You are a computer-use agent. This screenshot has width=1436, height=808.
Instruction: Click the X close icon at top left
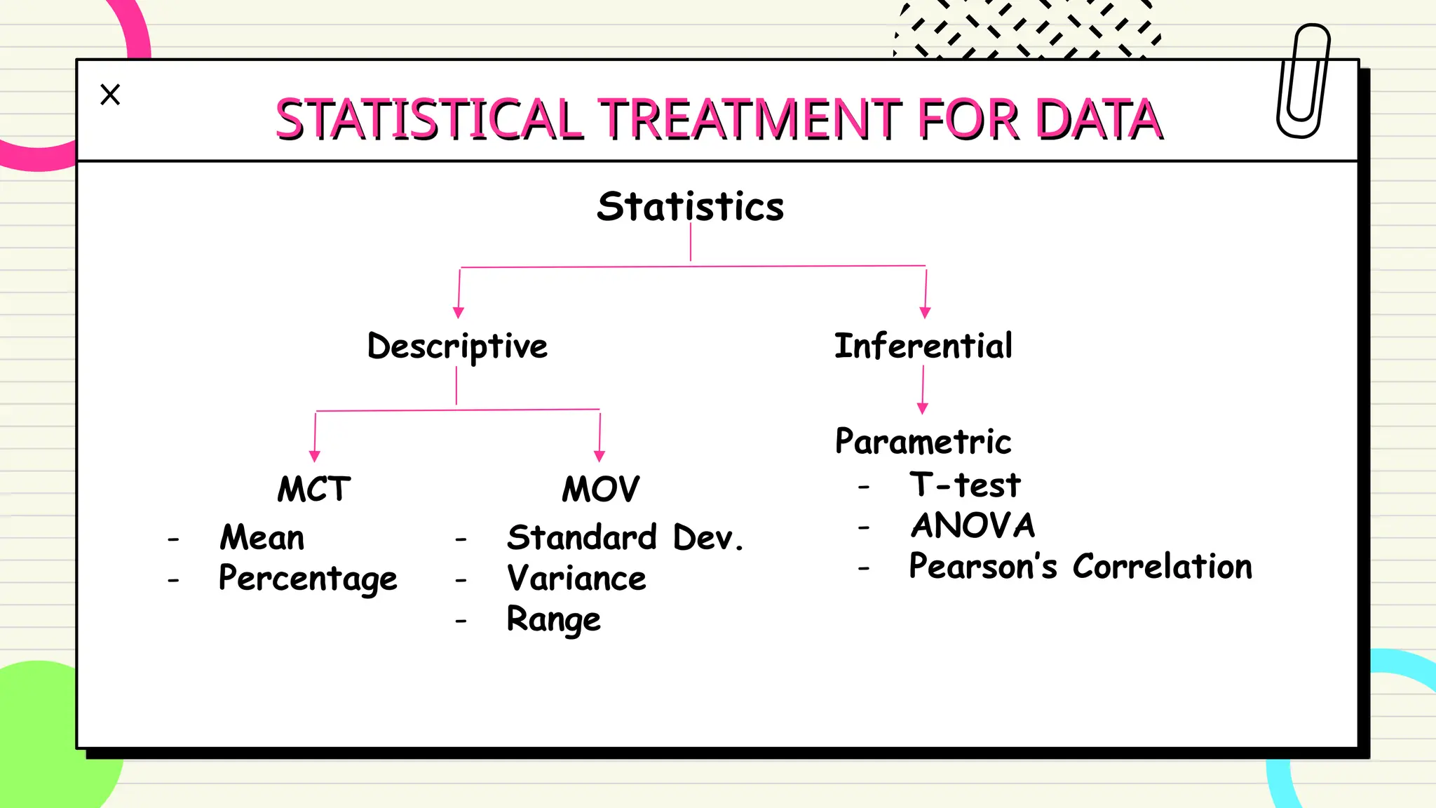click(110, 95)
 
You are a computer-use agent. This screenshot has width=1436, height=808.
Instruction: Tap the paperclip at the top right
click(1303, 81)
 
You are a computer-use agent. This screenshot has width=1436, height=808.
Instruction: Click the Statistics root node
click(690, 206)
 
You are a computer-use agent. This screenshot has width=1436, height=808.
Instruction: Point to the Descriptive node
click(457, 346)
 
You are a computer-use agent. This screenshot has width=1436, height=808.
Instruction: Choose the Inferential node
click(923, 346)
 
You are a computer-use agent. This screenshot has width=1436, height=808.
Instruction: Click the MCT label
click(313, 489)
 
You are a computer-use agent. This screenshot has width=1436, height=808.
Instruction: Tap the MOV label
click(601, 489)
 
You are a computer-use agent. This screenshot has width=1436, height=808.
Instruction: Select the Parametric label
click(923, 442)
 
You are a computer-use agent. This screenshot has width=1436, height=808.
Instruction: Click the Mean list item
click(262, 538)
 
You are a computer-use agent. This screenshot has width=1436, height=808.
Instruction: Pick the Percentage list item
click(308, 579)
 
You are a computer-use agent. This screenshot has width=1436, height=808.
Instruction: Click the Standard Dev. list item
click(624, 538)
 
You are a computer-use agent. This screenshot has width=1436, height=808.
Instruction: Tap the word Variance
click(576, 579)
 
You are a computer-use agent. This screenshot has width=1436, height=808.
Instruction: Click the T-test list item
click(966, 485)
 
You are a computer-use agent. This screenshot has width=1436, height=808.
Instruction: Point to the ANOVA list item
click(973, 525)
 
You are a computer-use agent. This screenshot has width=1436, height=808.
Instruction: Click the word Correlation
click(1162, 566)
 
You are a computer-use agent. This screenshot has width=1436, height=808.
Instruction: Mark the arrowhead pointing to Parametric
click(922, 408)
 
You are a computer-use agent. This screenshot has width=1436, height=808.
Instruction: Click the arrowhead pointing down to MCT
click(314, 457)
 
